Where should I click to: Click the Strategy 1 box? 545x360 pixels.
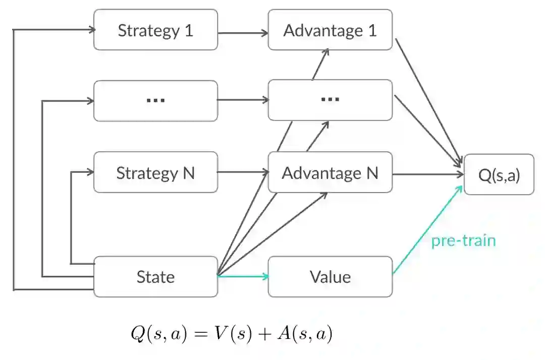point(155,30)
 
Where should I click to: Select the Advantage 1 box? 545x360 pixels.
point(330,30)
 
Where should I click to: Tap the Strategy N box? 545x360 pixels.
point(155,173)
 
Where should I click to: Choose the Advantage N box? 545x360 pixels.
point(330,173)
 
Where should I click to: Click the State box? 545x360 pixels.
point(155,277)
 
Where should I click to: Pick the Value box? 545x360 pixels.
point(330,277)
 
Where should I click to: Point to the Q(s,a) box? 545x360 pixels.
point(499,175)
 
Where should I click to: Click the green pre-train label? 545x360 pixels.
point(463,241)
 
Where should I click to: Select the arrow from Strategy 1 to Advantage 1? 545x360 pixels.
point(243,33)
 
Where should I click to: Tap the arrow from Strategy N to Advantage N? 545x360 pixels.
point(243,173)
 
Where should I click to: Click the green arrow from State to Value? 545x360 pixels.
point(243,276)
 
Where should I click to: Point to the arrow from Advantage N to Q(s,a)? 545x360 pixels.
point(428,174)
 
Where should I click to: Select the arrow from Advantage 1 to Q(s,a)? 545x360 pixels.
point(428,101)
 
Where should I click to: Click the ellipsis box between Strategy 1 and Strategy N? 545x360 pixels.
point(155,100)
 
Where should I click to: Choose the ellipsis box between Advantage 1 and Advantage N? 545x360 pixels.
point(330,99)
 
